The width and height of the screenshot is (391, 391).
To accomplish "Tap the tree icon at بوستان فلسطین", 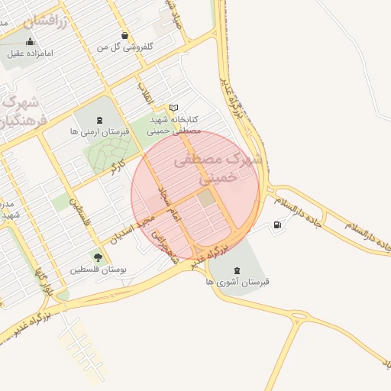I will [x=97, y=256].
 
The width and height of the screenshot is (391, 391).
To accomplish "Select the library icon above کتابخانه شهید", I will [x=174, y=108].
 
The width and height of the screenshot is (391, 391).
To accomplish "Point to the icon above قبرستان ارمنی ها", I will [x=99, y=119].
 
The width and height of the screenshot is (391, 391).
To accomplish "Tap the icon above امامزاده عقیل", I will [x=30, y=41].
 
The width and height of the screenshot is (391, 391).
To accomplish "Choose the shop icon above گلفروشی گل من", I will [x=125, y=35].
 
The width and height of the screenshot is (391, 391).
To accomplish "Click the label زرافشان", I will [x=46, y=21].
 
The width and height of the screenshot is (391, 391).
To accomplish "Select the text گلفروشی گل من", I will [x=125, y=47].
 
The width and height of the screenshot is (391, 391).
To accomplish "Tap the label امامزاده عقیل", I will [x=30, y=53].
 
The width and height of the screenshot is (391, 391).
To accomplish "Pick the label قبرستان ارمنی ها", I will [x=99, y=131].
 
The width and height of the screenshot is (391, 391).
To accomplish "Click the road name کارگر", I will [x=118, y=166].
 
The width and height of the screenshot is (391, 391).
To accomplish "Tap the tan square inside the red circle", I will [x=206, y=199].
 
